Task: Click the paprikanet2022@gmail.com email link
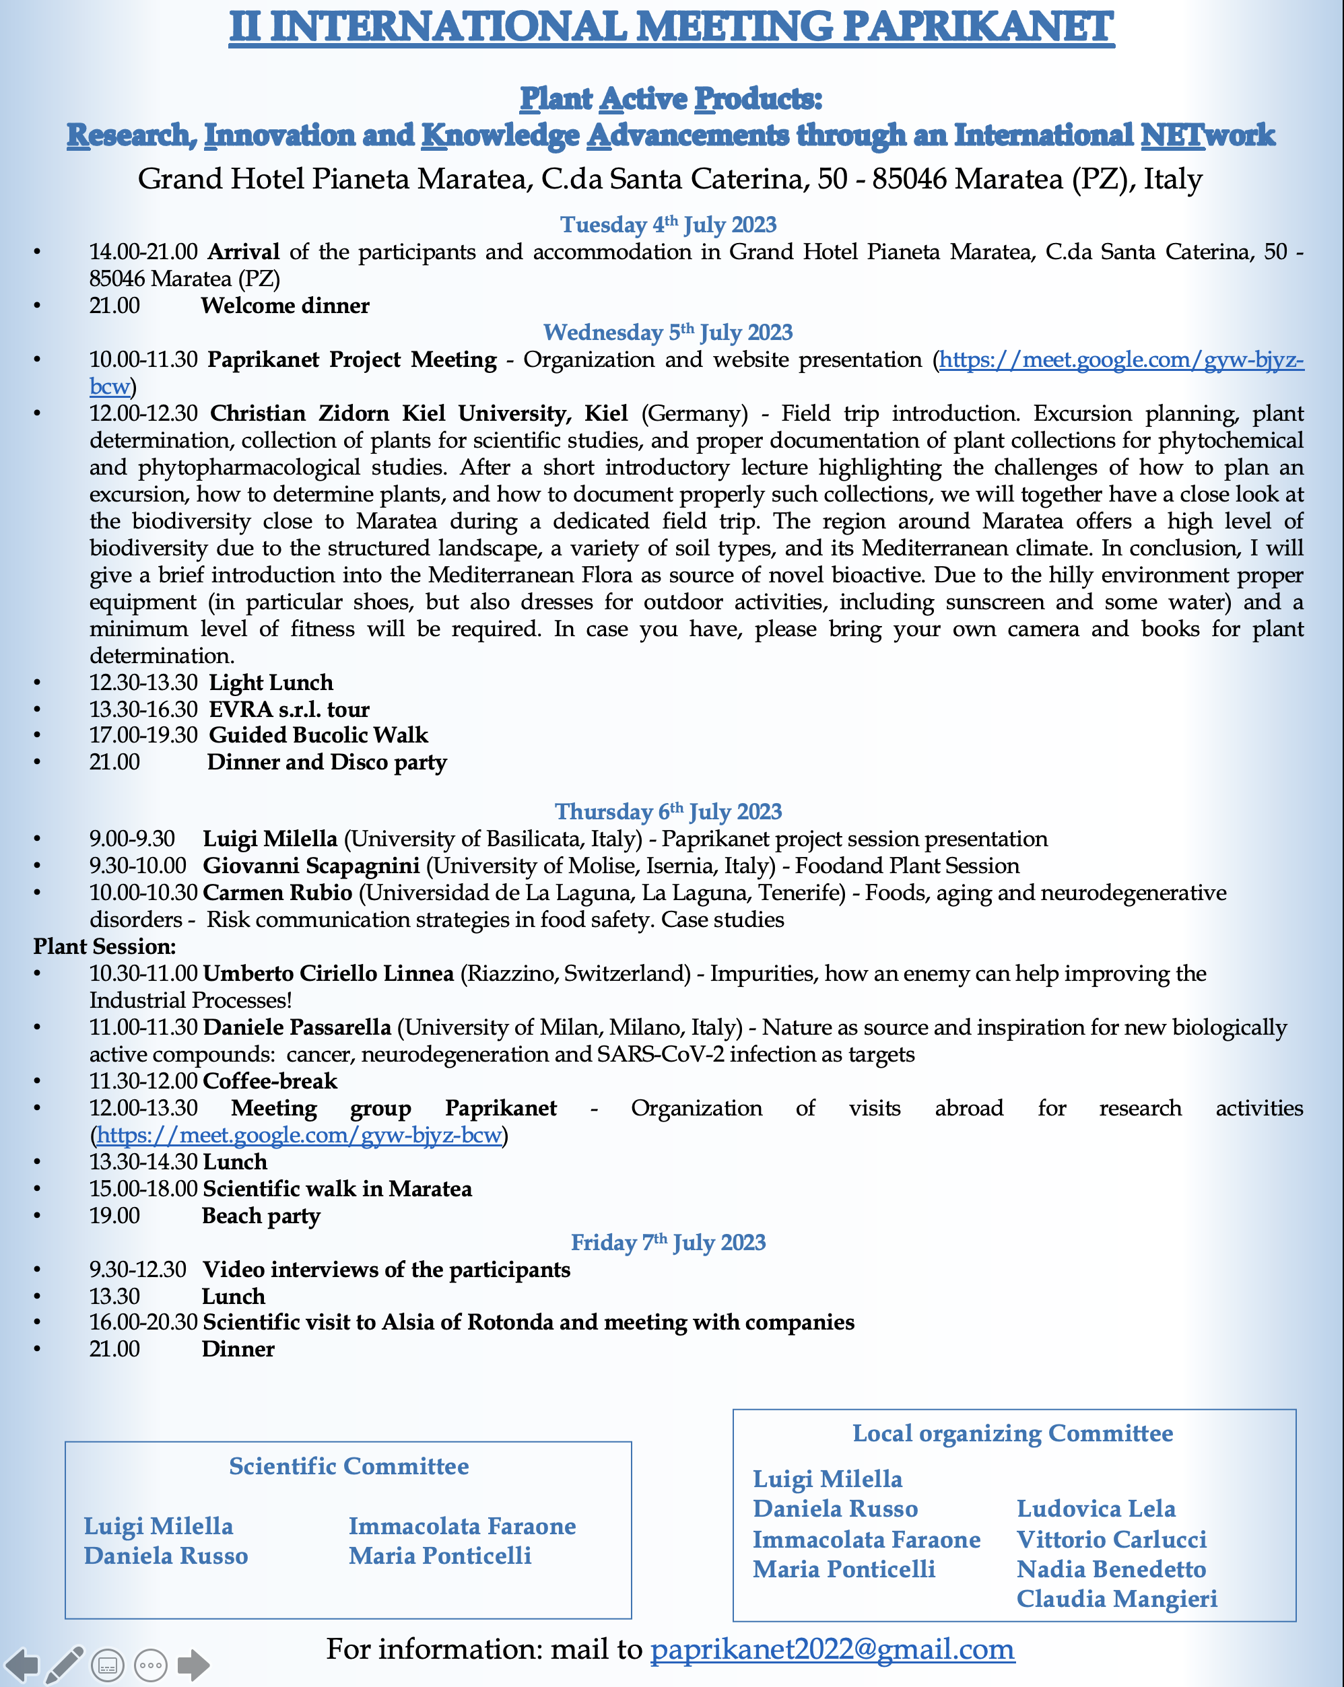tap(832, 1649)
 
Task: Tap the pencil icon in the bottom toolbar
tap(64, 1664)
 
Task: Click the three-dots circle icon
tap(150, 1665)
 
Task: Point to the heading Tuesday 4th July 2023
tap(668, 226)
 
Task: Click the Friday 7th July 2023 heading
tap(668, 1243)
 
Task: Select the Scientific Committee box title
tap(348, 1466)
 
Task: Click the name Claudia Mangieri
tap(1116, 1599)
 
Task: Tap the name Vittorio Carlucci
tap(1111, 1539)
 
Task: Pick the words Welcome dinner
tap(285, 306)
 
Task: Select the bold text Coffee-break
tap(270, 1081)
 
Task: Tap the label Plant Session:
tap(104, 946)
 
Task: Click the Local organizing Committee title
tap(1012, 1433)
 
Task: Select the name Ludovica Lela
tap(1096, 1509)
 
